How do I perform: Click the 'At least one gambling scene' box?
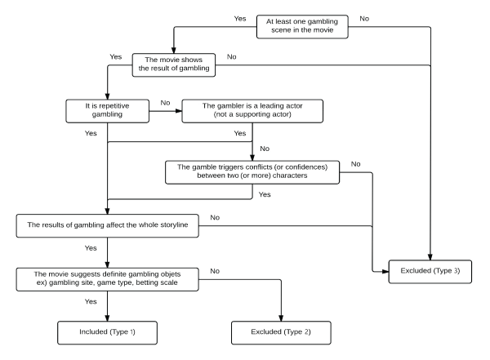click(302, 27)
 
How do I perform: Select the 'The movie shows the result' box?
click(174, 65)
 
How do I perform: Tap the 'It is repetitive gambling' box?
click(108, 111)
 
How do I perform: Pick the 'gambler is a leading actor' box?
click(252, 111)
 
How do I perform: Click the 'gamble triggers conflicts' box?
click(252, 172)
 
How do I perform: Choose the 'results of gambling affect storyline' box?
click(108, 225)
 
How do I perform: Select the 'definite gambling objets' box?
click(108, 279)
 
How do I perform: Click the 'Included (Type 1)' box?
click(108, 333)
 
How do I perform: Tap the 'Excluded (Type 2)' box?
click(281, 333)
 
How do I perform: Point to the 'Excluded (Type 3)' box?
click(430, 272)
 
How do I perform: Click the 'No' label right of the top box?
click(364, 19)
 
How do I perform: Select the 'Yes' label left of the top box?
click(240, 19)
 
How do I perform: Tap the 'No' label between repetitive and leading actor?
click(165, 103)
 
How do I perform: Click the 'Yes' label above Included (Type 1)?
click(91, 301)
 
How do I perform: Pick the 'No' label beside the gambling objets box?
click(215, 271)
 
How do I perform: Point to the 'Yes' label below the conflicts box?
click(265, 194)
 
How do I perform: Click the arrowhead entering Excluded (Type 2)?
click(281, 318)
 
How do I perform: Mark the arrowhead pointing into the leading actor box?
click(179, 111)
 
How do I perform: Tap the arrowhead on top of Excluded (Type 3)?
click(430, 257)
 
